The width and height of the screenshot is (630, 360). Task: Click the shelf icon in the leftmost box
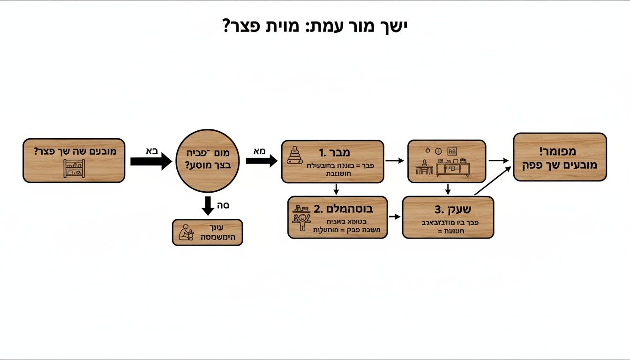(x=74, y=168)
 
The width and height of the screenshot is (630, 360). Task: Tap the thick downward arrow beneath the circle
(x=207, y=207)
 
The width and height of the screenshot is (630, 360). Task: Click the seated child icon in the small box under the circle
(x=186, y=232)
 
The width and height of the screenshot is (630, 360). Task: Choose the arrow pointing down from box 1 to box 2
(x=336, y=189)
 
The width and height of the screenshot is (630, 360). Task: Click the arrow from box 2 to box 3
(x=395, y=217)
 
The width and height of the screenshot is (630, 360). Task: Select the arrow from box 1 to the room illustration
(x=395, y=161)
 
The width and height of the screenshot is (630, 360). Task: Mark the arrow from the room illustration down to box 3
(x=448, y=189)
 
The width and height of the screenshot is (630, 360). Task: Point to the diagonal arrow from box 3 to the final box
(x=492, y=181)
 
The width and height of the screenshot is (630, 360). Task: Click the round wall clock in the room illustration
(x=438, y=151)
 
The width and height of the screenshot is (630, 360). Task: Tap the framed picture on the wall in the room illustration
(x=452, y=151)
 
